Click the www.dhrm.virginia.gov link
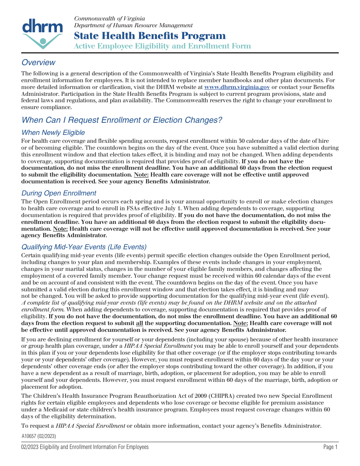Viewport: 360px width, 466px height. pyautogui.click(x=237, y=87)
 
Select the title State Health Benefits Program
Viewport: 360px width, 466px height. pyautogui.click(x=150, y=36)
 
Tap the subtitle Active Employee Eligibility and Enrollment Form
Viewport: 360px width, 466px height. pyautogui.click(x=162, y=46)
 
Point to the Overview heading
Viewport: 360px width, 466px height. pyautogui.click(x=38, y=63)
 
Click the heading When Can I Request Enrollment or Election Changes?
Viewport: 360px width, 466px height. pyautogui.click(x=122, y=120)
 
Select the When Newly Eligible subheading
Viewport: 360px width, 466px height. pyautogui.click(x=53, y=133)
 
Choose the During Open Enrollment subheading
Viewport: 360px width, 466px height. pyautogui.click(x=59, y=193)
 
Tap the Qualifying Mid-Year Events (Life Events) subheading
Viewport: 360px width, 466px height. pyautogui.click(x=84, y=247)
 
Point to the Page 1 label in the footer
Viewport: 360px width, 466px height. pyautogui.click(x=330, y=447)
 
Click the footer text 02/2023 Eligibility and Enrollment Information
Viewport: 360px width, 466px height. pyautogui.click(x=85, y=447)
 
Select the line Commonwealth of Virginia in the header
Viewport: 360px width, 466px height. pyautogui.click(x=110, y=19)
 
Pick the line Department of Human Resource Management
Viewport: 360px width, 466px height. pyautogui.click(x=133, y=25)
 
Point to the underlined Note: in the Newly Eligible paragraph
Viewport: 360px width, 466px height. pyautogui.click(x=141, y=175)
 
